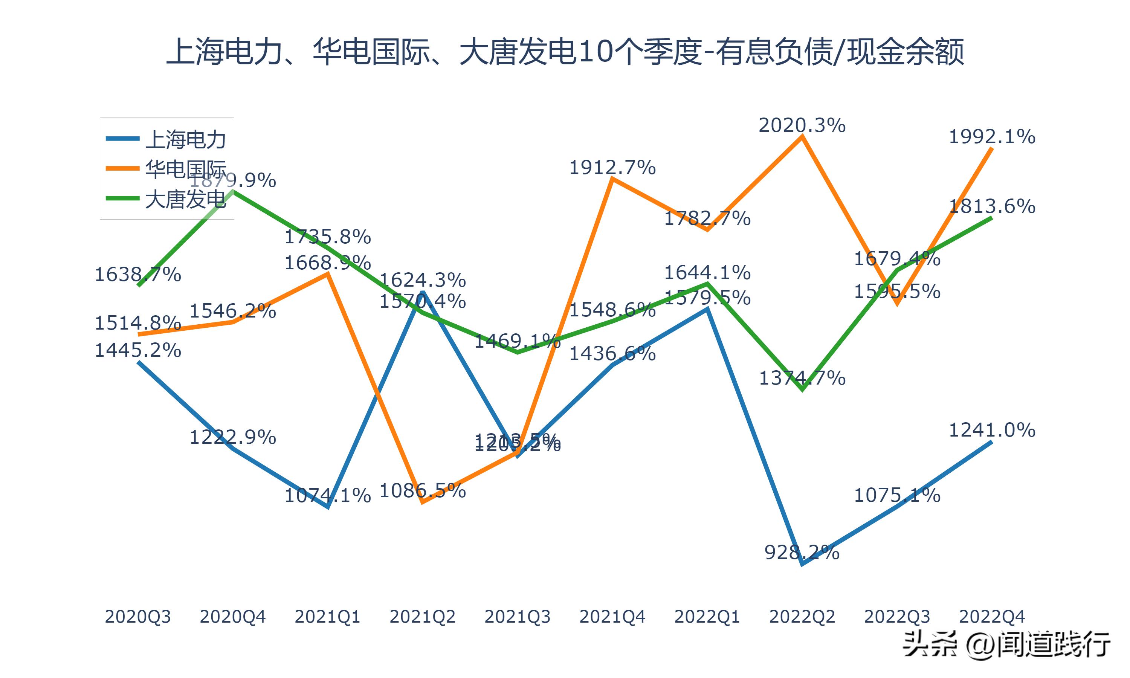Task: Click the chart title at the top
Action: click(x=565, y=52)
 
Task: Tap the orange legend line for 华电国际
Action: click(x=122, y=168)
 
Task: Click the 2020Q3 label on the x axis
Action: click(x=137, y=617)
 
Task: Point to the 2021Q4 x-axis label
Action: click(x=612, y=617)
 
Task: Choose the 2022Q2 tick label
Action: click(x=802, y=617)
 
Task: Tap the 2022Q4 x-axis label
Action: click(x=992, y=617)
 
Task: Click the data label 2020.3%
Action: click(x=802, y=125)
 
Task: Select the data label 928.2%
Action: click(x=802, y=553)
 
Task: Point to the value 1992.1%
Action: click(x=992, y=137)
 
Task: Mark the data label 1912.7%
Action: click(x=612, y=168)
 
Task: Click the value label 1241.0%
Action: click(x=992, y=430)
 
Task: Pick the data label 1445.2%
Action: click(x=137, y=350)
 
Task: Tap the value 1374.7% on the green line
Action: click(x=802, y=378)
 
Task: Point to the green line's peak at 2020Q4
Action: click(x=234, y=191)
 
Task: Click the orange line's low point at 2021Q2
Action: click(x=423, y=502)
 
